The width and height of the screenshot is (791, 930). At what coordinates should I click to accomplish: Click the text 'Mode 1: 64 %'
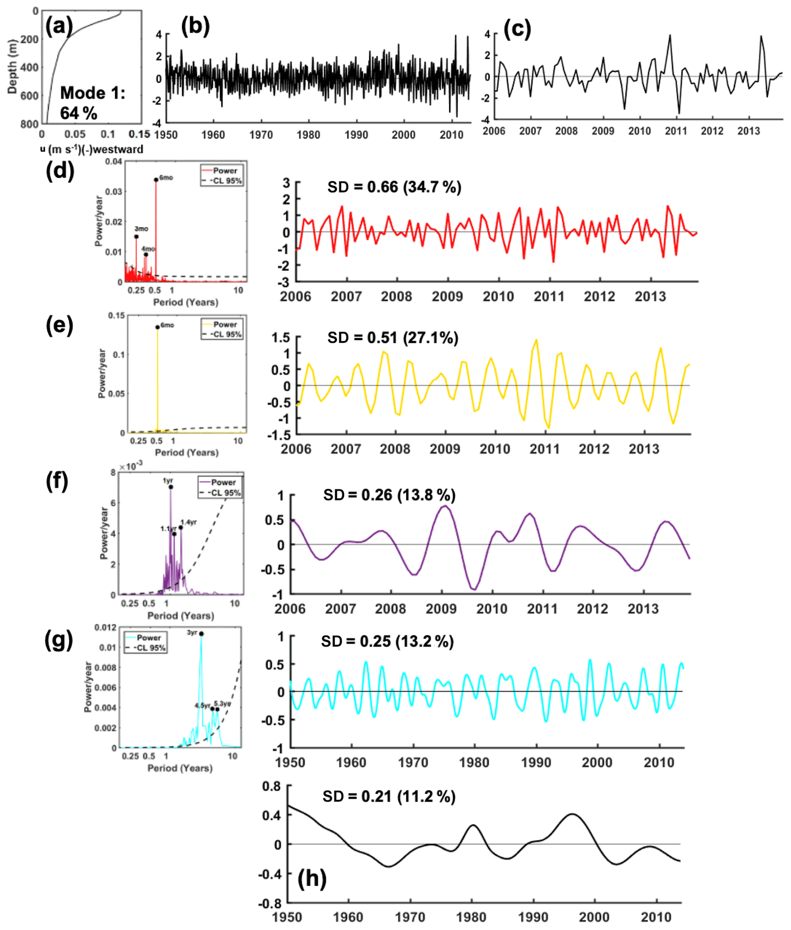92,103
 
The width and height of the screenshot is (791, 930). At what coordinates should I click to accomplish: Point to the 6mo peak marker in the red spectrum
156,180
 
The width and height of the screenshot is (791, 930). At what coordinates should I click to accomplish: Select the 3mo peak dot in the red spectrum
136,236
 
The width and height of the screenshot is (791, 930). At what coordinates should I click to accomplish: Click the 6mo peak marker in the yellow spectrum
157,327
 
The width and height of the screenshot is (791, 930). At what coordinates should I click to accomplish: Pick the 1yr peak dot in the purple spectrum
171,487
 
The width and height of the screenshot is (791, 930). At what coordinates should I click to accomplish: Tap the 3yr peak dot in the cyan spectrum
201,634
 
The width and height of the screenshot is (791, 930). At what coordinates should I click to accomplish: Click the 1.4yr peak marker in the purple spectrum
181,527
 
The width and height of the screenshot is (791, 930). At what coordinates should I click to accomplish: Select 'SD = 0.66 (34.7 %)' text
394,187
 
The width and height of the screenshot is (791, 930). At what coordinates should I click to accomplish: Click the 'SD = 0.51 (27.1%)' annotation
393,338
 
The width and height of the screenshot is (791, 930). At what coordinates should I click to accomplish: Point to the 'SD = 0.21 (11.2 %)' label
389,796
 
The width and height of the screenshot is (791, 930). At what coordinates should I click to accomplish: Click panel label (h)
312,878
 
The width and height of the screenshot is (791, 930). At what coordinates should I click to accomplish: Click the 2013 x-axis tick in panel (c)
749,131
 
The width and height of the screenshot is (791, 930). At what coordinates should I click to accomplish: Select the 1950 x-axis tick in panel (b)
166,134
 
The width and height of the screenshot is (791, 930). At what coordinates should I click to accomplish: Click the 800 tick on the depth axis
29,124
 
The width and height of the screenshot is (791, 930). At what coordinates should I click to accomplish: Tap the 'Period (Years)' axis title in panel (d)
186,302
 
